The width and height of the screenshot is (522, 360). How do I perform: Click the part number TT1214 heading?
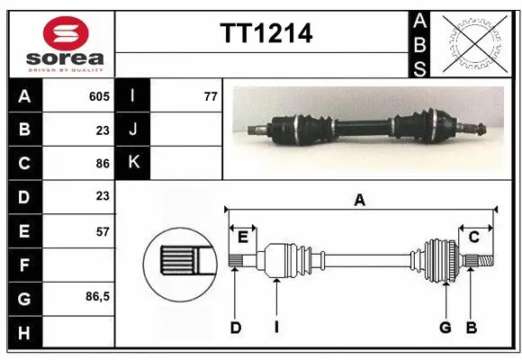tap(266, 34)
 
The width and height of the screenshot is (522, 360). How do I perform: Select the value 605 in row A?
tap(99, 96)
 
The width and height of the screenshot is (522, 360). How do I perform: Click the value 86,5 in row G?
tap(97, 296)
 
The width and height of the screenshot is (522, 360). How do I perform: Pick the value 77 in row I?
tap(211, 96)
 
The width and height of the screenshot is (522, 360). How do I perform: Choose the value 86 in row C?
tap(102, 164)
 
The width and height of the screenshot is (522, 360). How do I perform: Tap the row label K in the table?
tap(134, 163)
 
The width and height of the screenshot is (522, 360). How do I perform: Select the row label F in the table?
tap(25, 265)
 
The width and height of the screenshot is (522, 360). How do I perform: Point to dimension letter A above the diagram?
tap(360, 201)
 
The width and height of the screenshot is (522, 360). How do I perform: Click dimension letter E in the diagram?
tap(243, 237)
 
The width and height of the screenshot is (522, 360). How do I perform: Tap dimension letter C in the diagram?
tap(474, 237)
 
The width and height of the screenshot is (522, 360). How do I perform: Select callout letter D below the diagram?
tap(235, 328)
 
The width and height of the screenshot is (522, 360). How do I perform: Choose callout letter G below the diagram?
tap(445, 328)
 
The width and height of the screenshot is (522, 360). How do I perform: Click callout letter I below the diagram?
tap(275, 328)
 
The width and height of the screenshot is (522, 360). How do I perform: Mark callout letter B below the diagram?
tap(470, 328)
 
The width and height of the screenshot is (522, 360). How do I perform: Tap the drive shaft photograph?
tap(369, 126)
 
